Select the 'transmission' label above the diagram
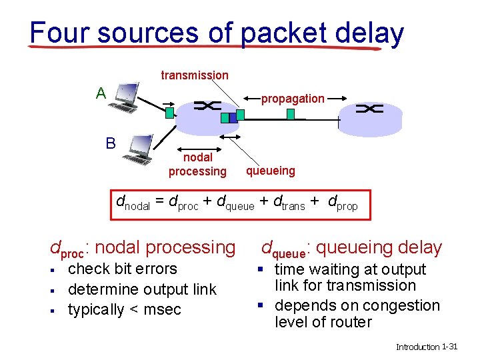(x=194, y=75)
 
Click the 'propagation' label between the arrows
(x=293, y=99)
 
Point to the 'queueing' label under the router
(x=270, y=171)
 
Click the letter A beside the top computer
(x=100, y=93)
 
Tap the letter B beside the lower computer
(x=111, y=143)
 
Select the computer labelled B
(x=141, y=149)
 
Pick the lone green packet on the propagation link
(x=291, y=114)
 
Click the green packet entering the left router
(x=170, y=113)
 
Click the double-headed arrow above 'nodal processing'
(x=197, y=137)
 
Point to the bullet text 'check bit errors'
(x=123, y=269)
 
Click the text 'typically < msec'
(x=124, y=309)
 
